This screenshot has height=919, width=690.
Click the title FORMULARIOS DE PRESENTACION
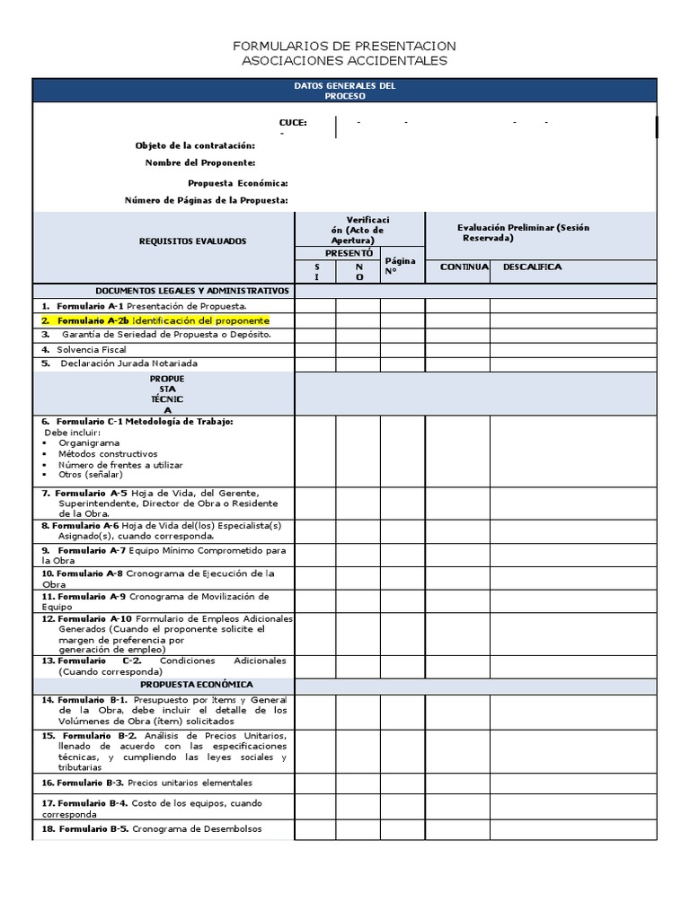[x=344, y=46]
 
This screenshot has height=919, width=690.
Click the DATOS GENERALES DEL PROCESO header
[x=344, y=90]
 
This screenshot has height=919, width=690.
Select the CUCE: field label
[x=293, y=123]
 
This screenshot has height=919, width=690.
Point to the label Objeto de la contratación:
[x=195, y=145]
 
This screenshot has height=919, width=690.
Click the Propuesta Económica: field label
[x=238, y=183]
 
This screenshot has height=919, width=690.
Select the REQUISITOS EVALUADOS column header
[x=192, y=241]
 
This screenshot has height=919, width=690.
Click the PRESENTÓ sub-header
[x=337, y=254]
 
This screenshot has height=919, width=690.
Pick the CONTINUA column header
[x=464, y=267]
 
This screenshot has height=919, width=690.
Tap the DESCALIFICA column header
[x=532, y=267]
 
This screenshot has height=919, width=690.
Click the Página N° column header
[x=401, y=266]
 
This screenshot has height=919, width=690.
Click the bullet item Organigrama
[x=88, y=442]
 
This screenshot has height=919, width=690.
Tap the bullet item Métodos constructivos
[x=107, y=454]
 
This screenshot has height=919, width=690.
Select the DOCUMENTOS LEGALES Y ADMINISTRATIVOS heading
[x=192, y=291]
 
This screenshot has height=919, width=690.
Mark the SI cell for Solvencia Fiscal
[x=315, y=349]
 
